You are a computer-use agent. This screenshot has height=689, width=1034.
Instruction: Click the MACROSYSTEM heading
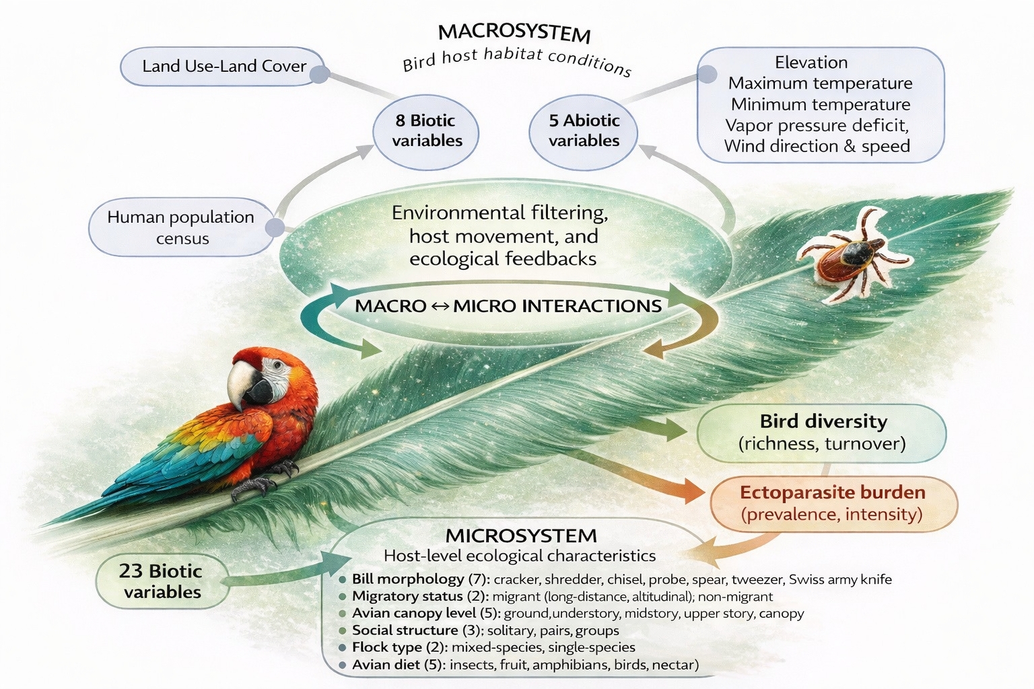click(x=514, y=32)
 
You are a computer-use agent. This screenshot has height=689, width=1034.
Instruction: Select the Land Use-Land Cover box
click(x=223, y=66)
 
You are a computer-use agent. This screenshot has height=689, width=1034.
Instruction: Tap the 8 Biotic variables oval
click(x=427, y=131)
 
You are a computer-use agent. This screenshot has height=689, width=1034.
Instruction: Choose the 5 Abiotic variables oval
click(x=584, y=131)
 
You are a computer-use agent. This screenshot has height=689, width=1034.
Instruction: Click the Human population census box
click(x=180, y=227)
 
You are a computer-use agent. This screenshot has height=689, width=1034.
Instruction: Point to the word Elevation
click(x=811, y=63)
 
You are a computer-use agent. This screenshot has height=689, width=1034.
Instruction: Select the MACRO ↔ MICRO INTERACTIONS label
click(x=508, y=306)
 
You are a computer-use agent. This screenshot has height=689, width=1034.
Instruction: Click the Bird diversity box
click(x=822, y=432)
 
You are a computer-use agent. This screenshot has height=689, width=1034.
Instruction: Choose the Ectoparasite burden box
click(x=832, y=503)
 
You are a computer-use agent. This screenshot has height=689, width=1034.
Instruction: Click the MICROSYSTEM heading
click(x=521, y=536)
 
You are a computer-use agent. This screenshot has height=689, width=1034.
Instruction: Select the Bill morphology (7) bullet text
click(x=408, y=579)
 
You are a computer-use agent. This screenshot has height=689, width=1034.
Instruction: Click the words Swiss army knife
click(x=840, y=579)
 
